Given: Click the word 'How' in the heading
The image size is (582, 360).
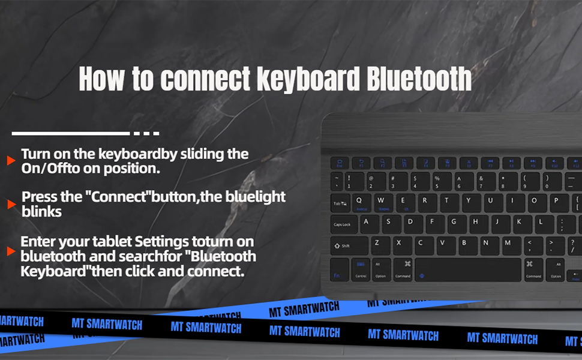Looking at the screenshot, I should (101, 79).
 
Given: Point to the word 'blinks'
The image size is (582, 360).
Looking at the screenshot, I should (41, 211).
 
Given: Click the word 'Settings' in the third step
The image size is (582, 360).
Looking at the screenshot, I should (162, 242).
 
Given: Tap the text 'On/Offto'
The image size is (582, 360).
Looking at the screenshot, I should (51, 169).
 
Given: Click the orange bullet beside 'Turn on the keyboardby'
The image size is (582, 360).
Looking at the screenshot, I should (11, 161).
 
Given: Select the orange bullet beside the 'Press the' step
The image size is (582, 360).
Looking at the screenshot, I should (11, 205).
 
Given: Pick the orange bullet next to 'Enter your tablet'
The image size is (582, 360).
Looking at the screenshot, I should (11, 251).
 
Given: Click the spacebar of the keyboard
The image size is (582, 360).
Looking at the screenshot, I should (468, 269).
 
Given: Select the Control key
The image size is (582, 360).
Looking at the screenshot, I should (361, 269).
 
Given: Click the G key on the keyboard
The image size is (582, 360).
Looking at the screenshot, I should (454, 223).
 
